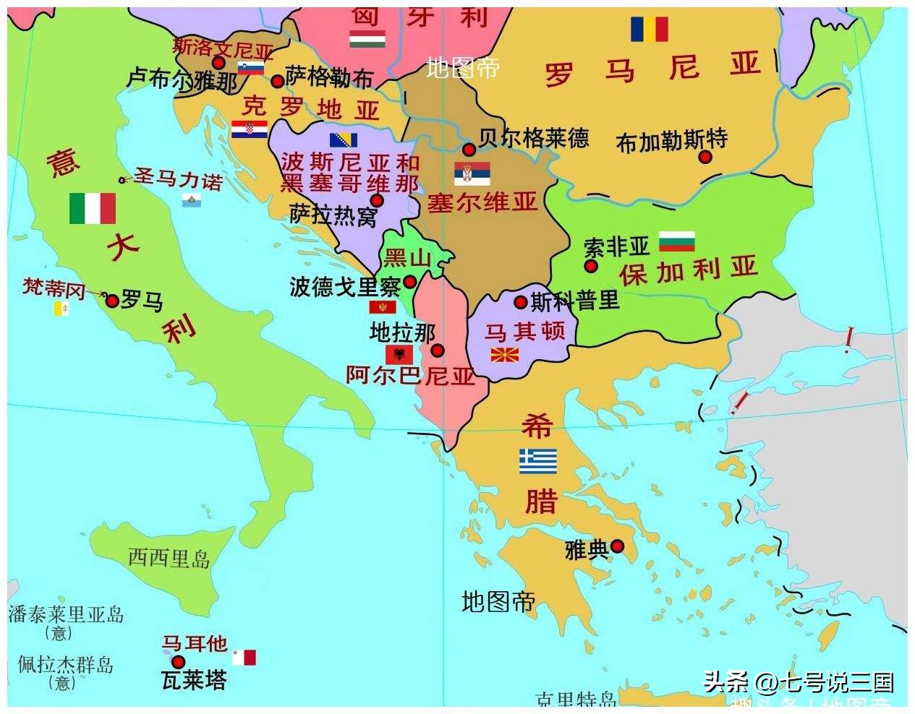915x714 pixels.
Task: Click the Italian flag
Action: [x=92, y=208]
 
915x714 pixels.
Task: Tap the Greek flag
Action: [x=538, y=461]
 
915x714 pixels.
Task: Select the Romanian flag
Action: [x=649, y=30]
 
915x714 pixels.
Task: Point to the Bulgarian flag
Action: [x=676, y=241]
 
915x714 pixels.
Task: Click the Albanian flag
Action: [x=399, y=354]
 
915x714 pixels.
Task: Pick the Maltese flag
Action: [x=244, y=658]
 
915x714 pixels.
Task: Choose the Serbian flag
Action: [x=472, y=173]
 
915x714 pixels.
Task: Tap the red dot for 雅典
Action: [x=617, y=546]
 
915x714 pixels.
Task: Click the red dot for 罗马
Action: [x=112, y=301]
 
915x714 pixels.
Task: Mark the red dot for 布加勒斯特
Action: [x=705, y=157]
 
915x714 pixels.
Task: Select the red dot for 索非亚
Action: [x=591, y=266]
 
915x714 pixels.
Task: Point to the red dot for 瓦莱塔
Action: [x=178, y=662]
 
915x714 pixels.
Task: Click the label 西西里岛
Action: [x=169, y=558]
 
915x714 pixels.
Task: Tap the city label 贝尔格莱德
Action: [x=534, y=137]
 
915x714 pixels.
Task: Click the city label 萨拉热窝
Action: [x=333, y=215]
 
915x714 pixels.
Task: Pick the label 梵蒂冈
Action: [x=54, y=289]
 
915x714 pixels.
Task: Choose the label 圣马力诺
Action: [x=178, y=178]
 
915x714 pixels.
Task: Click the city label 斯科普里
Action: [x=575, y=301]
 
